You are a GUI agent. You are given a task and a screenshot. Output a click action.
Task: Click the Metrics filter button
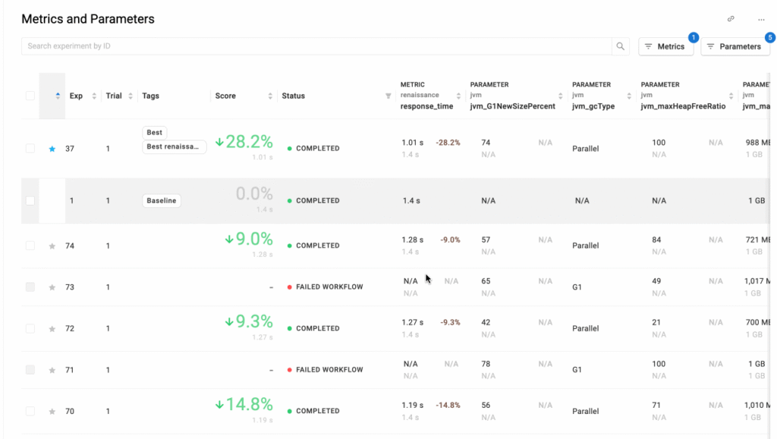click(x=665, y=46)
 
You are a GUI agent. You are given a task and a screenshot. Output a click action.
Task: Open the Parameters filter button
click(x=735, y=46)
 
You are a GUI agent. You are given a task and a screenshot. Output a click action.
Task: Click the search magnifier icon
click(x=621, y=46)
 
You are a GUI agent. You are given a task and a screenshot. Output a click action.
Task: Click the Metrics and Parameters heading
click(x=88, y=19)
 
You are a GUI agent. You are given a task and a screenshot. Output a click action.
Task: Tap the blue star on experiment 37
click(x=52, y=149)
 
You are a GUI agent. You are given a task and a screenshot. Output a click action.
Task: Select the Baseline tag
click(x=162, y=201)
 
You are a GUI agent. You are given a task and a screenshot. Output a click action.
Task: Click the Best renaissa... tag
click(x=175, y=147)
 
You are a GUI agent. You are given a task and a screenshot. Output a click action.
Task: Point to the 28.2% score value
click(x=244, y=141)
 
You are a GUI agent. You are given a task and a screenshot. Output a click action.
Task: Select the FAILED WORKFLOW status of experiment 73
click(x=329, y=287)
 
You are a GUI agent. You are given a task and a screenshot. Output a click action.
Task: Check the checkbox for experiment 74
click(x=30, y=245)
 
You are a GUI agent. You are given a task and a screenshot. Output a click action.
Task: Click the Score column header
click(x=225, y=96)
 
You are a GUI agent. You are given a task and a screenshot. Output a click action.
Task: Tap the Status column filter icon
click(x=388, y=96)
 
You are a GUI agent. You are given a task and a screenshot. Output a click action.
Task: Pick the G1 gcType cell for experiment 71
click(x=577, y=370)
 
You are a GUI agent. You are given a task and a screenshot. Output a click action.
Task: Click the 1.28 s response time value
click(x=413, y=240)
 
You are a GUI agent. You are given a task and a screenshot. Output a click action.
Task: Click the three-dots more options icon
click(x=761, y=19)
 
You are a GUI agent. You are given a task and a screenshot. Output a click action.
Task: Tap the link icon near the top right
click(x=731, y=19)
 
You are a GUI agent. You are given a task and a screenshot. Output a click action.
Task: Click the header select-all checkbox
click(x=30, y=96)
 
